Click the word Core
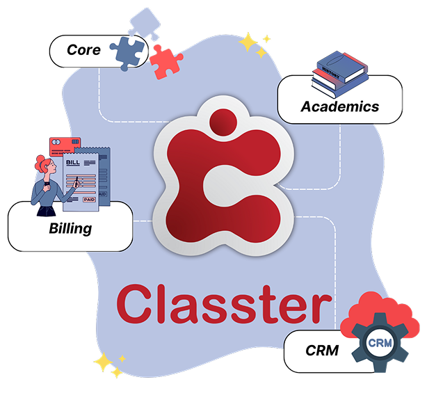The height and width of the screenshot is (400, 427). [x=83, y=50]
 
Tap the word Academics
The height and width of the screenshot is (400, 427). [x=340, y=106]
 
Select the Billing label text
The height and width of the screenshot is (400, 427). [x=70, y=228]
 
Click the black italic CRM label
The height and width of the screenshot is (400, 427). [x=322, y=351]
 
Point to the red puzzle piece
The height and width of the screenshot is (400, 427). [x=166, y=62]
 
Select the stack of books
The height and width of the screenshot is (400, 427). [x=340, y=74]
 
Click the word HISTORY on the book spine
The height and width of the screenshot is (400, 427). [x=331, y=72]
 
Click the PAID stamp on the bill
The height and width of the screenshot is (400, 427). [x=89, y=200]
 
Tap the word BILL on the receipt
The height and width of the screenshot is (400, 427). [x=73, y=162]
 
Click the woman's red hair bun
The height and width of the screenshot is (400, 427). [x=40, y=161]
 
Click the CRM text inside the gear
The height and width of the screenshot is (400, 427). [x=380, y=343]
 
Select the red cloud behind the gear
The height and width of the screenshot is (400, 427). [x=380, y=313]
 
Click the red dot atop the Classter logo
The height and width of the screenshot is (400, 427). [x=223, y=122]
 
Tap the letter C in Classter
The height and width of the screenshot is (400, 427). [x=134, y=304]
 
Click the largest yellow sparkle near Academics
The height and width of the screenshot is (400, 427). [x=248, y=42]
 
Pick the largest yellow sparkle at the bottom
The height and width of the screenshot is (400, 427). [x=103, y=362]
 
